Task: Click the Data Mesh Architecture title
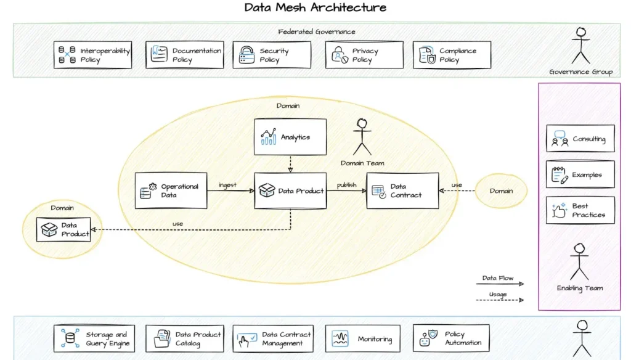(x=315, y=8)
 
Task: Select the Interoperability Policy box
(x=93, y=55)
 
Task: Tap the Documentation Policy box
(x=185, y=55)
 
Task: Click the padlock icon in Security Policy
(x=246, y=55)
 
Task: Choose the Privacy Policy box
(x=364, y=55)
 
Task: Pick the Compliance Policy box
(x=452, y=55)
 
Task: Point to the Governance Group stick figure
(x=580, y=46)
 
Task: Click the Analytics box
(x=290, y=137)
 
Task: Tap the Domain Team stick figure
(x=362, y=137)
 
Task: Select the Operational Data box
(x=171, y=190)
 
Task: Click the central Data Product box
(x=290, y=190)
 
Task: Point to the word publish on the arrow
(x=346, y=185)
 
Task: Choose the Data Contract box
(x=402, y=190)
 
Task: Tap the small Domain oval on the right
(x=501, y=190)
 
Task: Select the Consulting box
(x=580, y=139)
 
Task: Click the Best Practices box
(x=580, y=210)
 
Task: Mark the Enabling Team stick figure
(x=579, y=261)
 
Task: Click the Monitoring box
(x=363, y=338)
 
